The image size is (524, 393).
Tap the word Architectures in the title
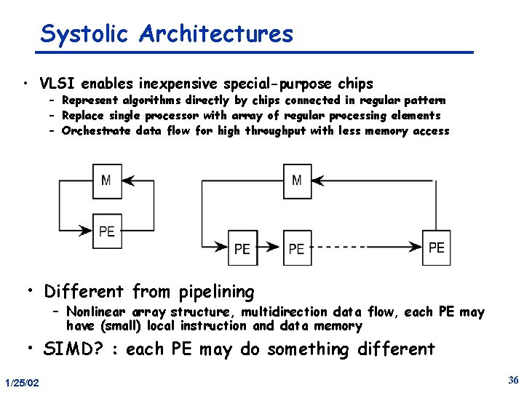(x=216, y=33)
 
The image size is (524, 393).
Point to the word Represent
(x=90, y=100)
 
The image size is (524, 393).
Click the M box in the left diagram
(x=107, y=180)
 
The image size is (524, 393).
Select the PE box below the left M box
(x=107, y=231)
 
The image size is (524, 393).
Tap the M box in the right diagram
(x=297, y=180)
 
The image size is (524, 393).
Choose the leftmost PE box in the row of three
(x=242, y=248)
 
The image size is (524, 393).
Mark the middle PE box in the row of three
(x=297, y=248)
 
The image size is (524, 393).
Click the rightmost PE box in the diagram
(x=437, y=247)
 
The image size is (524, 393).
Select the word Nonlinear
(x=95, y=312)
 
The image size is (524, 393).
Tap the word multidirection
(x=285, y=312)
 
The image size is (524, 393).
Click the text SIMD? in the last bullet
(x=73, y=349)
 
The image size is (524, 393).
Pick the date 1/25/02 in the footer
(x=22, y=383)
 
